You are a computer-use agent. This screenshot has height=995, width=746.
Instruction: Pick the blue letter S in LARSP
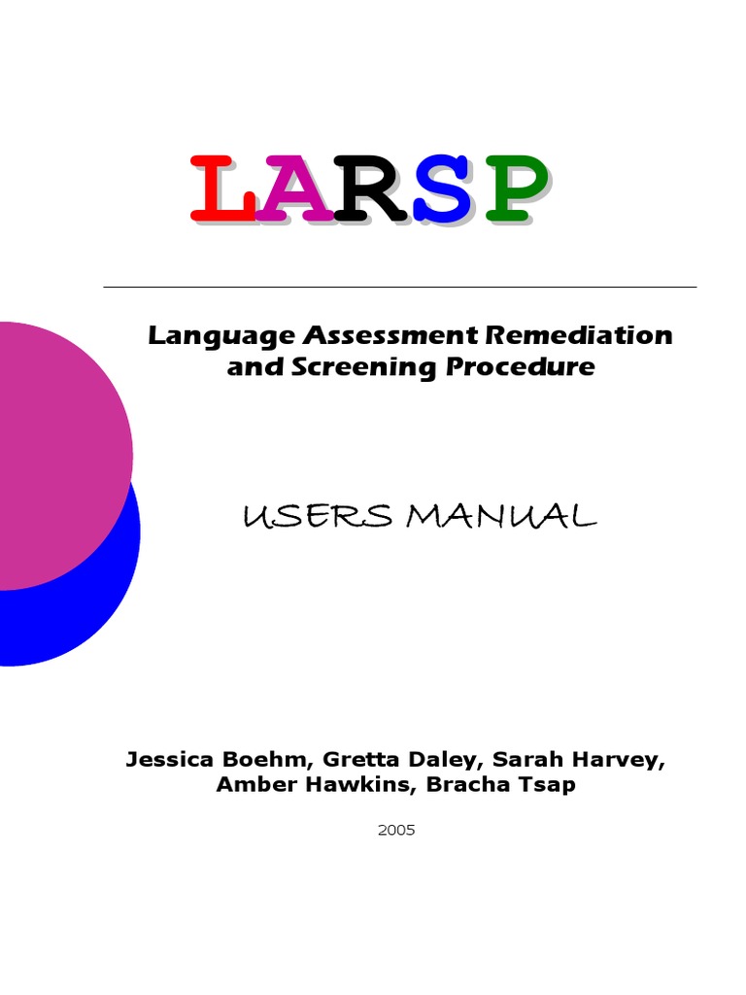446,189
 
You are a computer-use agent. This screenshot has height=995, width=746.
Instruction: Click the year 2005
395,831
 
